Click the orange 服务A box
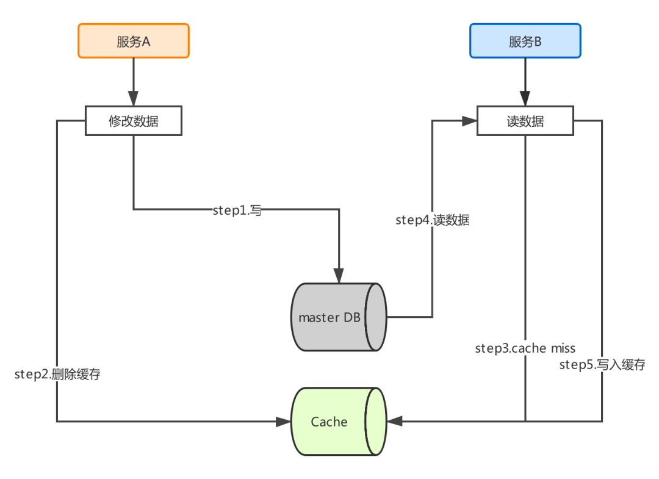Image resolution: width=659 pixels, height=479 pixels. point(134,41)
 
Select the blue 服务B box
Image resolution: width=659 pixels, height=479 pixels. point(525,41)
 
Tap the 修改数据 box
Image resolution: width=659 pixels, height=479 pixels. point(134,121)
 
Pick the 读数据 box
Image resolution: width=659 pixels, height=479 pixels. point(525,121)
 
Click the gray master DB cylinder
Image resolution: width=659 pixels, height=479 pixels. point(339,317)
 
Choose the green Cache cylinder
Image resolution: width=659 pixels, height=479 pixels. point(339,422)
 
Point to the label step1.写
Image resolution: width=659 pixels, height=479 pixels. point(237,210)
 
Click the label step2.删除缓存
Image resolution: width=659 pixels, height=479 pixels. point(57,374)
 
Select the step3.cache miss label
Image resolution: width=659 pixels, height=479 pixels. point(525,348)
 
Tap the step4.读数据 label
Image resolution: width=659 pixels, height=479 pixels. point(433,220)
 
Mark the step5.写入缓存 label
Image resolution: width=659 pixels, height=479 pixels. point(602,364)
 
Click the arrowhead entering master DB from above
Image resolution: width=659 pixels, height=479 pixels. point(339,276)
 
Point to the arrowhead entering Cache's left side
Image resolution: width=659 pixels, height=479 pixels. point(283,422)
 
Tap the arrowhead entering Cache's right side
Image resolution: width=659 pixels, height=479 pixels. point(394,422)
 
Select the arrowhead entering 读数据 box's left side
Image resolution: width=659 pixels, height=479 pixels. point(469,121)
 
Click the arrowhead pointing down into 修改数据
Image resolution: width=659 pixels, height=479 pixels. point(134,98)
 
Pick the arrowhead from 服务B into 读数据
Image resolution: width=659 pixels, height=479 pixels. point(525,98)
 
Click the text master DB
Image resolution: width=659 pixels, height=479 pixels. point(329,318)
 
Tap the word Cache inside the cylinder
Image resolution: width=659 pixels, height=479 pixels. point(329,422)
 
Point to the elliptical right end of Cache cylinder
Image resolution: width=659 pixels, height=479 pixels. point(376,422)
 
